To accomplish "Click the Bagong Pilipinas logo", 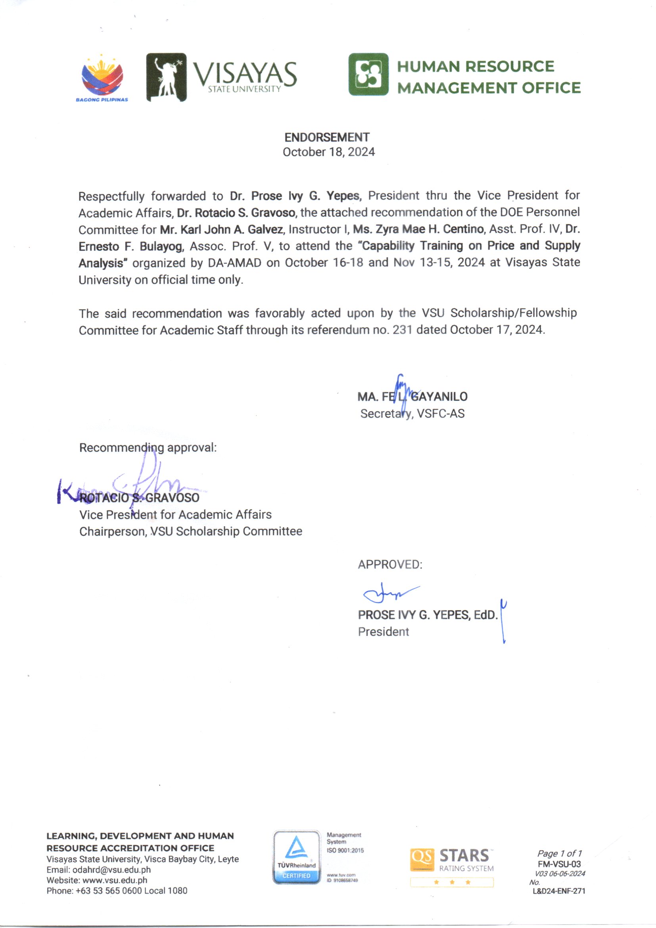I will coord(102,79).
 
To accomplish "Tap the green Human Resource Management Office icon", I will coord(368,74).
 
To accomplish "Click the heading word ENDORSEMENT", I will coord(327,137).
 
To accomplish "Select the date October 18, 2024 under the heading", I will coord(328,152).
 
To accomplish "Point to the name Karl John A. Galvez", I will coord(222,229).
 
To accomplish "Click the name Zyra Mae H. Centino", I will coord(418,229).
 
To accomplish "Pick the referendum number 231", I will coord(402,330).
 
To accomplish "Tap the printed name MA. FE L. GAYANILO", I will coord(412,397).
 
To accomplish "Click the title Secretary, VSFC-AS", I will coord(412,414).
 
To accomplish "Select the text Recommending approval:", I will coord(148,448).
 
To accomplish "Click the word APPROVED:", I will coord(390,565).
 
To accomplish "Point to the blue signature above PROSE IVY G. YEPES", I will coord(390,593).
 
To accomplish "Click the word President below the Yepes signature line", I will coord(384,632).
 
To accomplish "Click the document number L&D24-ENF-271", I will coord(559,891).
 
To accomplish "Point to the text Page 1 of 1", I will coord(559,854).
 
